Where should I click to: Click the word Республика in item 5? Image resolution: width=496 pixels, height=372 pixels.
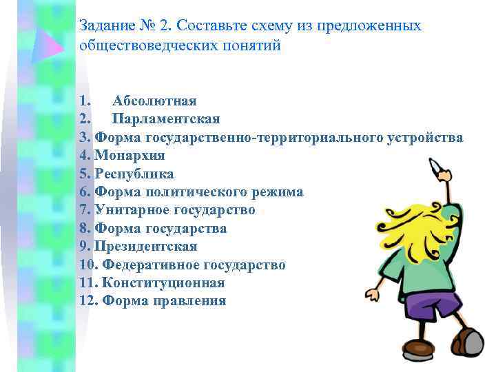[x=134, y=174]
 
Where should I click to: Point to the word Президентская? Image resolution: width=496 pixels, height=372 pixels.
[x=146, y=246]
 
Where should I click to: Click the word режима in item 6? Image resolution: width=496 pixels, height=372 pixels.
[x=278, y=192]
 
